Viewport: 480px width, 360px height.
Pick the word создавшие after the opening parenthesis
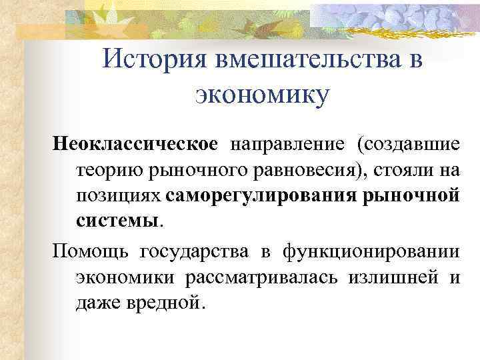(x=410, y=144)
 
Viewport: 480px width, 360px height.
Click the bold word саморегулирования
(x=263, y=197)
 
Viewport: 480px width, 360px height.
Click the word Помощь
(x=91, y=253)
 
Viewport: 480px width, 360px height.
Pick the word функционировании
(x=371, y=253)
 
